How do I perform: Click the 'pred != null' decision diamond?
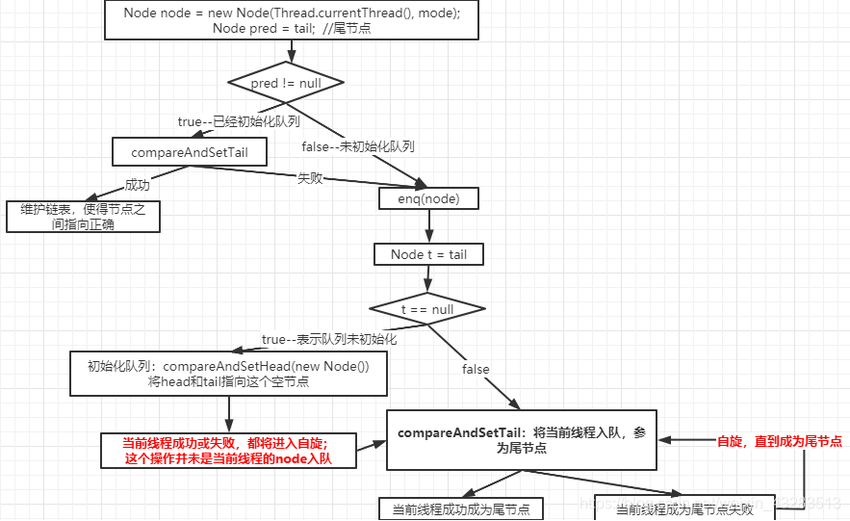click(x=286, y=84)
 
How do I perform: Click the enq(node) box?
click(x=428, y=198)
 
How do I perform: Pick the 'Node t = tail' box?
click(x=428, y=254)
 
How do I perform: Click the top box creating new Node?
click(x=291, y=20)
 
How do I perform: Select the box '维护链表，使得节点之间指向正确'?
click(x=83, y=217)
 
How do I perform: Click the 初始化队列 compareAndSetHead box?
click(x=228, y=374)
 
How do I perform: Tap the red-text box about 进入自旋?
click(x=227, y=451)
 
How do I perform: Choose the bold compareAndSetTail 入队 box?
click(x=522, y=440)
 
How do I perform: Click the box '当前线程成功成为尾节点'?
click(x=460, y=508)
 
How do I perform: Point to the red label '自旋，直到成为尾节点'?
click(x=780, y=441)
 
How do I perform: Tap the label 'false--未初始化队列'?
click(x=357, y=146)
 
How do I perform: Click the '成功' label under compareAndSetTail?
click(x=137, y=185)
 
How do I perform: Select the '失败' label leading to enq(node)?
click(x=309, y=178)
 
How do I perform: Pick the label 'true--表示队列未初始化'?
click(x=329, y=339)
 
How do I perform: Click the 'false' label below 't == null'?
click(x=476, y=369)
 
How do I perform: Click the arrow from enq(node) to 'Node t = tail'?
click(x=429, y=226)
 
